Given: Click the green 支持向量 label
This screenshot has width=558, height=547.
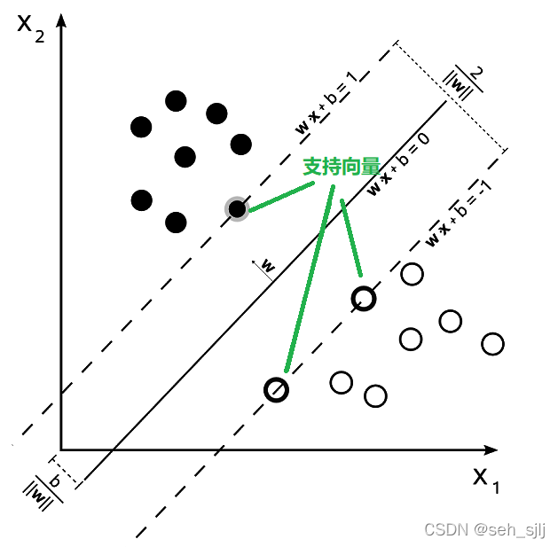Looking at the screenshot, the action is pyautogui.click(x=342, y=167).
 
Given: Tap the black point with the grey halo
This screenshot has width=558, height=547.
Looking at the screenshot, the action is pyautogui.click(x=236, y=209).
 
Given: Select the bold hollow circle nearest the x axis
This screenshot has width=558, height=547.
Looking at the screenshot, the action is pyautogui.click(x=277, y=389).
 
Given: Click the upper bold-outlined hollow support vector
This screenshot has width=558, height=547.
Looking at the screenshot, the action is pyautogui.click(x=364, y=299).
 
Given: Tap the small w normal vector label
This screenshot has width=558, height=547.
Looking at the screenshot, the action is pyautogui.click(x=266, y=266).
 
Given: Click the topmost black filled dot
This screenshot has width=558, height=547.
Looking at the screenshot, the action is pyautogui.click(x=176, y=101).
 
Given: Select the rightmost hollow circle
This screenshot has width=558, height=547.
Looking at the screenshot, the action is pyautogui.click(x=492, y=343).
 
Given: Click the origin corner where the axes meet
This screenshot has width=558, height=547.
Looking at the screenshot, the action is pyautogui.click(x=61, y=449).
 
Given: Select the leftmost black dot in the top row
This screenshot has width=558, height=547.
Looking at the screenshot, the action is pyautogui.click(x=140, y=127).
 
